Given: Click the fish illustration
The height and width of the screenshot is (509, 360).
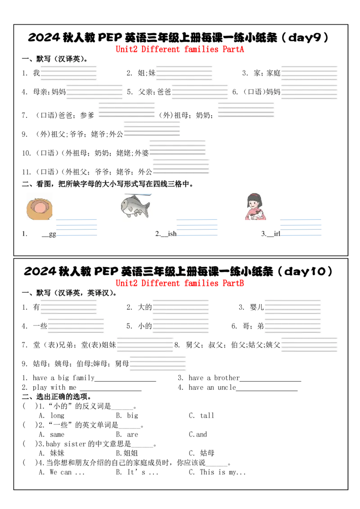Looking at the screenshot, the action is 135,206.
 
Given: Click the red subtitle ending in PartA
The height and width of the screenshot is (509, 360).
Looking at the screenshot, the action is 180,49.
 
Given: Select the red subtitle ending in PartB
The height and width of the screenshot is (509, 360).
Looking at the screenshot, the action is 180,283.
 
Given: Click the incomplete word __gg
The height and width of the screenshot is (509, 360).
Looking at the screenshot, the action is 49,234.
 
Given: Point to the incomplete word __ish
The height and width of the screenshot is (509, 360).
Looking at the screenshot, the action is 168,234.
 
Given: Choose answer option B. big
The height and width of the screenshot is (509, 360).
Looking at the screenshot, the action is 127,415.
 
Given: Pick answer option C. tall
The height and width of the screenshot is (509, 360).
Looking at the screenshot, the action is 202,415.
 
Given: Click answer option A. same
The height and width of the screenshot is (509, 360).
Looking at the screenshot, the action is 51,434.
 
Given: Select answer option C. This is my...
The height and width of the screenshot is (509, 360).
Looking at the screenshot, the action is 217,472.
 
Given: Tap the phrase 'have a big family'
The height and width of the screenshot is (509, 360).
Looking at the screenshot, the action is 64,378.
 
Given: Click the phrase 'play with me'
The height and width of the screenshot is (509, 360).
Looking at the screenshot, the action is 54,388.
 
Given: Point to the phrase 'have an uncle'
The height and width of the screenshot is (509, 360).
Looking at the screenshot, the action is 212,387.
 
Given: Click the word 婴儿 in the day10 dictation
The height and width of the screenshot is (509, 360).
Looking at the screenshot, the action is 256,307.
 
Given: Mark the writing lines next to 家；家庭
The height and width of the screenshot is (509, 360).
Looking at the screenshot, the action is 309,73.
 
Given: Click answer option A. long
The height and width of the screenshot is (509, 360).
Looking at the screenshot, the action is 51,415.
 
